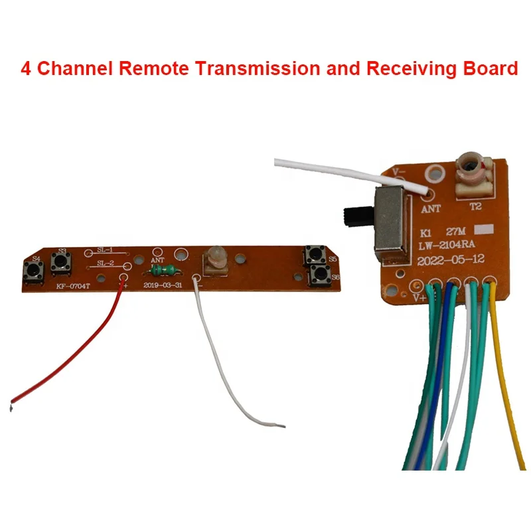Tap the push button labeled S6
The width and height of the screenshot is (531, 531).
click(x=320, y=273)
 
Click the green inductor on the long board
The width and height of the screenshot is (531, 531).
click(x=163, y=270)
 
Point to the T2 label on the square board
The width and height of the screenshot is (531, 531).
click(x=475, y=206)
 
